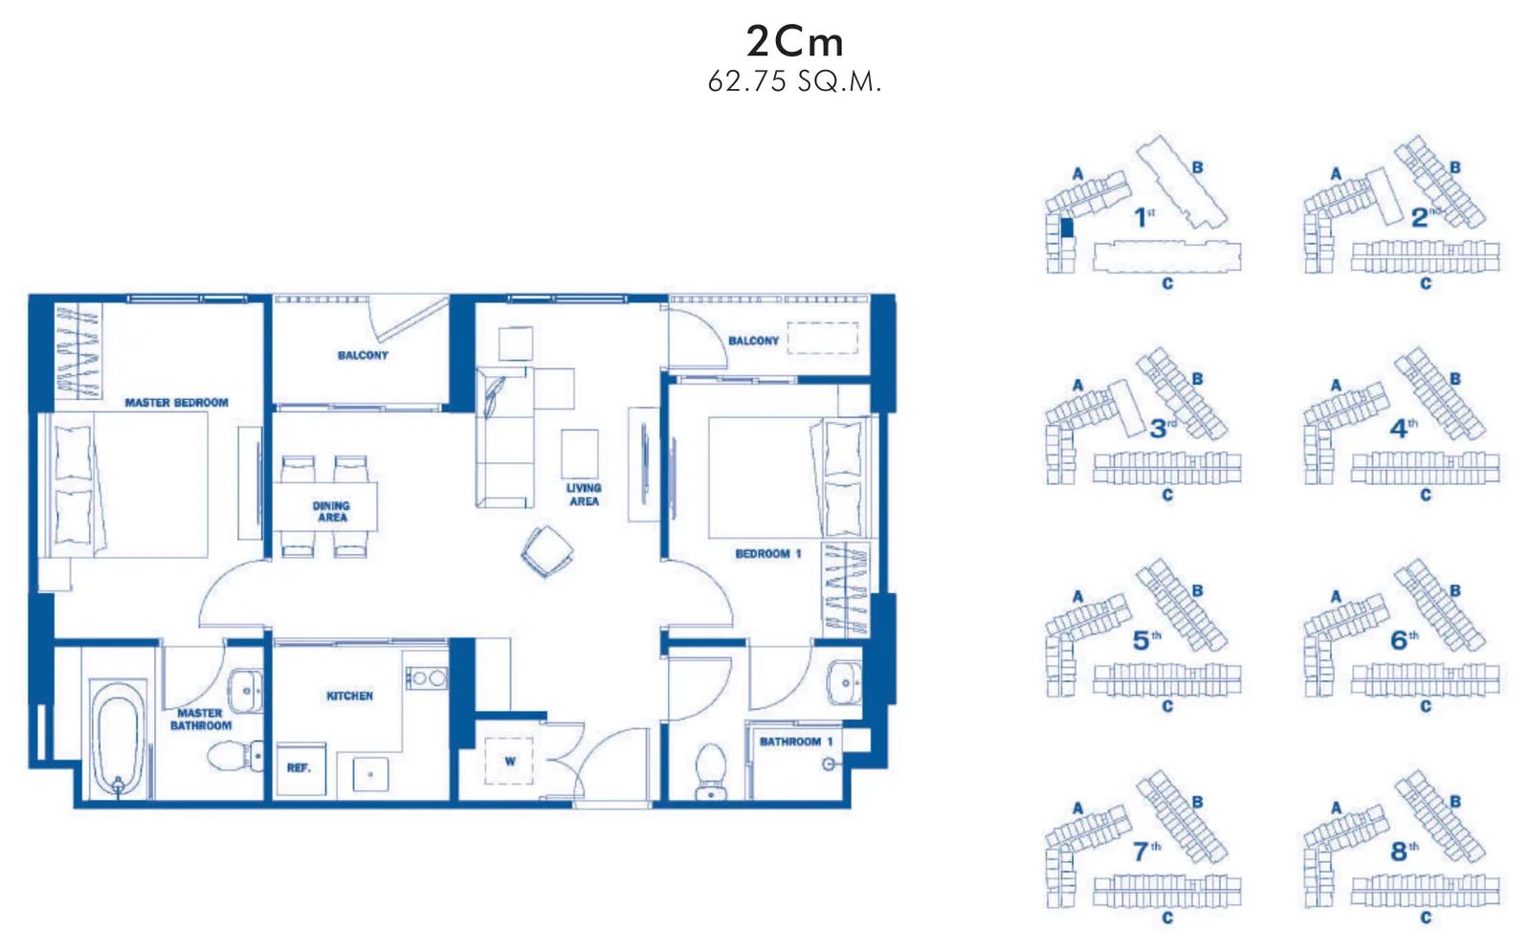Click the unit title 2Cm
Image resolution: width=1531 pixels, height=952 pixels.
pos(795,41)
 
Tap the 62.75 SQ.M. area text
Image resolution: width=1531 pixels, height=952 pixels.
pos(794,81)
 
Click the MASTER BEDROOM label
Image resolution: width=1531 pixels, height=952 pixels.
pos(176,403)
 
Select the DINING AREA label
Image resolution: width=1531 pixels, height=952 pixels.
pos(331,511)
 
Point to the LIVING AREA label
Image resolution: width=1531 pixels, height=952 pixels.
pos(584,494)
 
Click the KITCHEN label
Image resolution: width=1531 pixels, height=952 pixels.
pos(349,696)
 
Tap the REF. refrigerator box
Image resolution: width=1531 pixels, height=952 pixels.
pos(300,769)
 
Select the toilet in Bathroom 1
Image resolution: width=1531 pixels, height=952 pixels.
pos(711,771)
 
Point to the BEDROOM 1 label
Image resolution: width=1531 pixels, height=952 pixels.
pos(767,554)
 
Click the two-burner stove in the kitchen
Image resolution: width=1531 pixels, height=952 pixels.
pos(427,678)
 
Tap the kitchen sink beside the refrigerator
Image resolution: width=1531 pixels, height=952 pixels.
pos(370,774)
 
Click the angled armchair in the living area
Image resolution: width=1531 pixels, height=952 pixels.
pos(546,551)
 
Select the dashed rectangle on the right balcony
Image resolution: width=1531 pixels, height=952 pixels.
pos(822,338)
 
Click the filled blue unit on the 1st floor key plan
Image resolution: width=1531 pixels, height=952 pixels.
pos(1066,228)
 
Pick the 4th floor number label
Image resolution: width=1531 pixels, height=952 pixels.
pos(1404,428)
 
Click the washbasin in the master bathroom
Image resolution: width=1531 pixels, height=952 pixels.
pos(245,691)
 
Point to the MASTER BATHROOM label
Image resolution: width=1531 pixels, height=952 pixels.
pos(200,719)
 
